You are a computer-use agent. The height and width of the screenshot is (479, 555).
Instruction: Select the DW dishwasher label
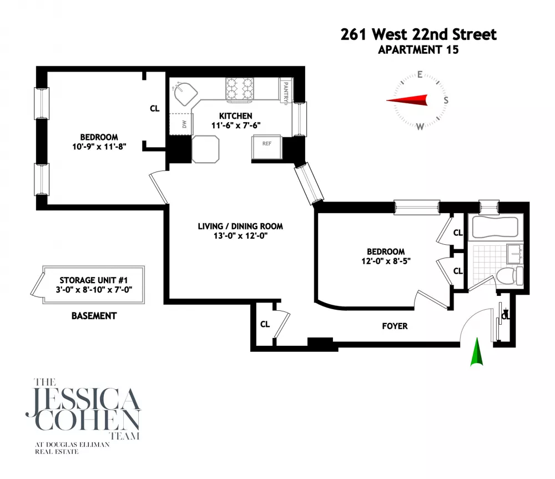click(x=184, y=124)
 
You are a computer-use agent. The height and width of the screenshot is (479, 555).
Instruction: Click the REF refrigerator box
click(x=267, y=147)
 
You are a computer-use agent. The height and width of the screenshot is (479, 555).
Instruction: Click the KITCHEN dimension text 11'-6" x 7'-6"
click(x=236, y=125)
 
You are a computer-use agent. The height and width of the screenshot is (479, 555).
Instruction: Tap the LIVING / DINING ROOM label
click(x=240, y=226)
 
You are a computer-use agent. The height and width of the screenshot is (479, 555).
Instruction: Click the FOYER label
click(x=395, y=326)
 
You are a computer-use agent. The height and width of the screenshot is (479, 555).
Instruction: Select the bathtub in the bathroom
click(x=495, y=227)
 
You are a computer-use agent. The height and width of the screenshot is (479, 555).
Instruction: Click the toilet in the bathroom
click(x=509, y=276)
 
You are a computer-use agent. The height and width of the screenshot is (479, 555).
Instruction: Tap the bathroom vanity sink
click(x=514, y=254)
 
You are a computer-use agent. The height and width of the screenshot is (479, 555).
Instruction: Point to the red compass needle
click(x=407, y=100)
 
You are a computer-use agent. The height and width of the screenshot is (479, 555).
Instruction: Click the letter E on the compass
click(x=420, y=74)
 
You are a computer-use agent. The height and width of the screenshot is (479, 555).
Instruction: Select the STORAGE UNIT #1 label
click(x=93, y=280)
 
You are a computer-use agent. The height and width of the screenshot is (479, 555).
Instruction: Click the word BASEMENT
click(x=94, y=316)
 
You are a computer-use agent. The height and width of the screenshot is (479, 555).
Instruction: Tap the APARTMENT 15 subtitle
click(x=418, y=50)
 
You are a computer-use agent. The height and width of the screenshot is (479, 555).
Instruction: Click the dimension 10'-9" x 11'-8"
click(x=99, y=147)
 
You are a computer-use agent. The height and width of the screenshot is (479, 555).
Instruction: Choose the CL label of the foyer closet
click(x=265, y=324)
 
